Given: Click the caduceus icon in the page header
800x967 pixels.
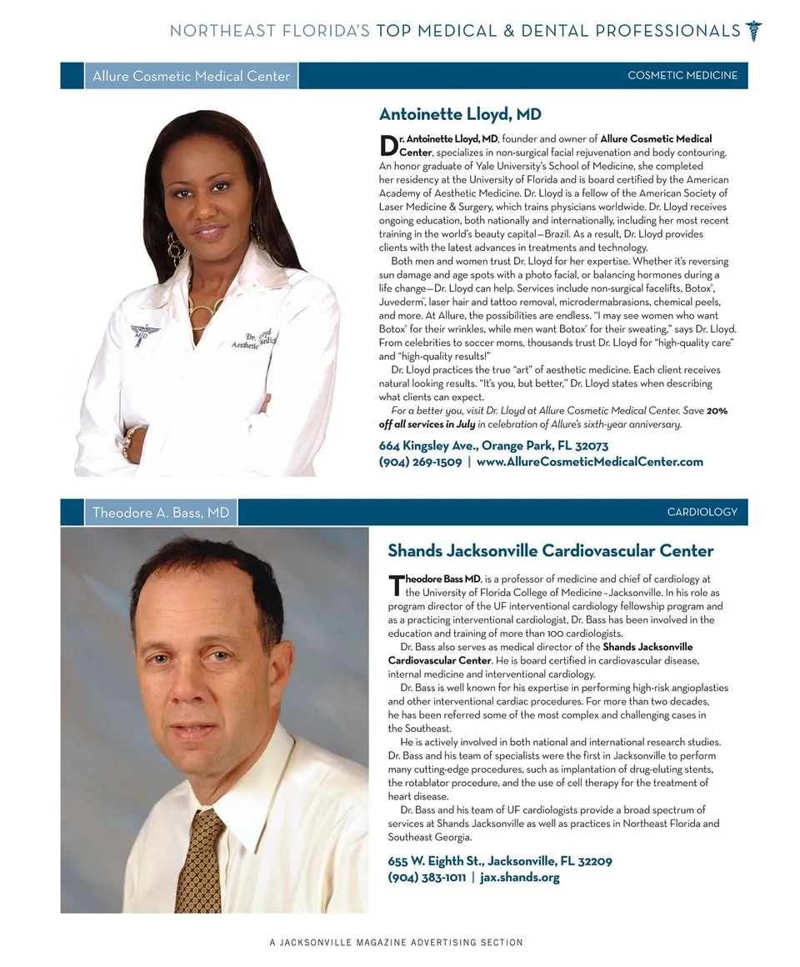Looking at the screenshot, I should (753, 31).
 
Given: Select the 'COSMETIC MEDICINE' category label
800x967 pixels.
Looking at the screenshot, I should (682, 75).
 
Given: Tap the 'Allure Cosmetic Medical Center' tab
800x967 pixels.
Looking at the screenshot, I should (191, 76).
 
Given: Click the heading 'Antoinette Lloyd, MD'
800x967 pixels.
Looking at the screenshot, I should (460, 114).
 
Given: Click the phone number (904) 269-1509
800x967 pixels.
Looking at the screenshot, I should (420, 462).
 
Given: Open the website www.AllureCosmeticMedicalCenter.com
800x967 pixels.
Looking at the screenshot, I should (590, 462).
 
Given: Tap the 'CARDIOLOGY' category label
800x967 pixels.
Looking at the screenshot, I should (702, 512).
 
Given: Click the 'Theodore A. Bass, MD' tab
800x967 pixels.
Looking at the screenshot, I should (160, 513).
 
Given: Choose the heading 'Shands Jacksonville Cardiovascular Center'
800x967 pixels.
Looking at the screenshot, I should (550, 551).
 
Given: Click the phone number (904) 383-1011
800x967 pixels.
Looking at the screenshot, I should (427, 877).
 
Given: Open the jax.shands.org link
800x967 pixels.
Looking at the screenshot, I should (521, 877).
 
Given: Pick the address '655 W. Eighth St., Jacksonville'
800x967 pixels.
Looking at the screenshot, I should (500, 861).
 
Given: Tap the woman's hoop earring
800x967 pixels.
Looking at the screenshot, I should (175, 248).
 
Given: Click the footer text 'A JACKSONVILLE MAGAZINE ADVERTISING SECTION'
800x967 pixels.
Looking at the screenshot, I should (396, 943).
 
